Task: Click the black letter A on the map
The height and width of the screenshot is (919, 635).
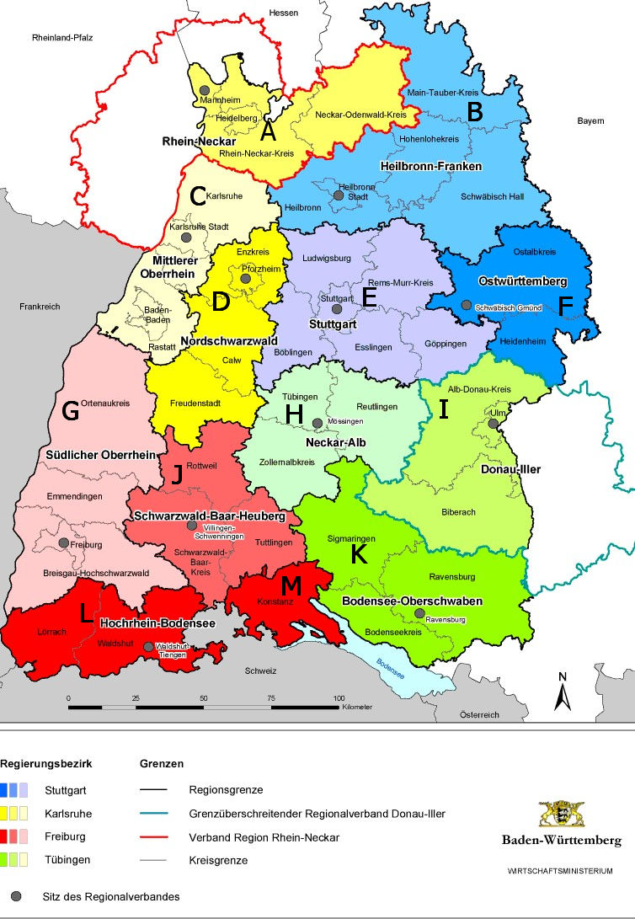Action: click(268, 131)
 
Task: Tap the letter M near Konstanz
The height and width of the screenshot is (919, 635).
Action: click(291, 584)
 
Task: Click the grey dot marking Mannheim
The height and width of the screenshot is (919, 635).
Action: click(205, 90)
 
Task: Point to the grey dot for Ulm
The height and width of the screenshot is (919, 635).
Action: click(493, 424)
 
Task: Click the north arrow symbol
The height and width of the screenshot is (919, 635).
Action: click(563, 692)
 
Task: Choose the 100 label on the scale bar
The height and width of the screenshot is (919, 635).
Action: click(339, 698)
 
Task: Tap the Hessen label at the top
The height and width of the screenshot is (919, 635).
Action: click(284, 13)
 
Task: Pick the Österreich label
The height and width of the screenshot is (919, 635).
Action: click(479, 714)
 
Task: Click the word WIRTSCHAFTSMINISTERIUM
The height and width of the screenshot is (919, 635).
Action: click(560, 870)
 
